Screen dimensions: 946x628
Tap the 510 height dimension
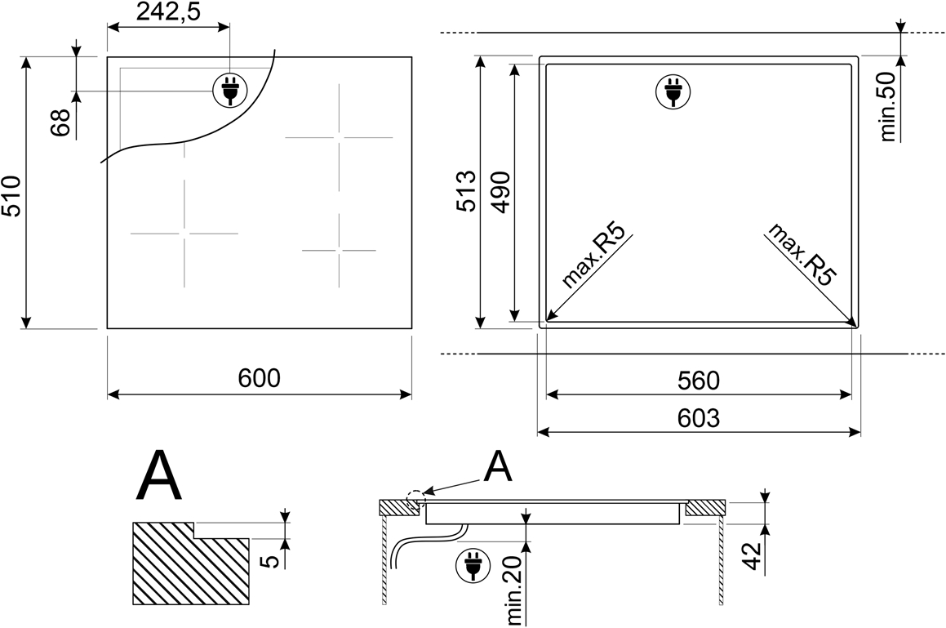click(11, 196)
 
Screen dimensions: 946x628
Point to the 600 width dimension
click(260, 378)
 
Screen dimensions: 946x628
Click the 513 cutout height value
click(467, 191)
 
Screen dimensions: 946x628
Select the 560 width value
click(699, 381)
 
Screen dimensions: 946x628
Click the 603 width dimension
click(699, 418)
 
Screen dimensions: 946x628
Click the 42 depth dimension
click(752, 557)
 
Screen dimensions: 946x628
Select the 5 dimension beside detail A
click(272, 561)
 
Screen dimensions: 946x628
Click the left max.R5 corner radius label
click(592, 255)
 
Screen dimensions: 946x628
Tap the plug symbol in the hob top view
click(230, 91)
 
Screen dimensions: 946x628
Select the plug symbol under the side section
click(473, 566)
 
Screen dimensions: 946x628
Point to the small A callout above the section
click(497, 467)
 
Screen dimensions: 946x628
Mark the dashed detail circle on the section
click(415, 500)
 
